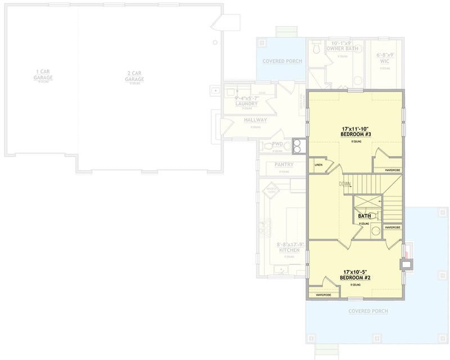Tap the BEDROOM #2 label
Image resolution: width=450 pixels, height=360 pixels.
coord(356,278)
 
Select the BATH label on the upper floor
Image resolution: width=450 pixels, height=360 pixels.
coord(364,216)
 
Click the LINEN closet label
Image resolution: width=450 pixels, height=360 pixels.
coord(318,165)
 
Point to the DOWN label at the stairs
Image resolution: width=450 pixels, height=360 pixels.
coord(345,184)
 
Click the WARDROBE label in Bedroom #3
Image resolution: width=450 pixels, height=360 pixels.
coord(392,169)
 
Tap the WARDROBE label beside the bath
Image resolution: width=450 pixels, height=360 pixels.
coord(393,227)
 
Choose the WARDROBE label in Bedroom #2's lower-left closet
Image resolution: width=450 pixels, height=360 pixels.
coord(323,294)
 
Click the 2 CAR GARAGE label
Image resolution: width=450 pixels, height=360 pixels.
coord(135,76)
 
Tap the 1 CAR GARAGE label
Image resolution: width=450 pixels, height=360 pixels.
coord(43,74)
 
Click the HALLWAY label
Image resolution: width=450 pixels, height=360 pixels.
coord(255,120)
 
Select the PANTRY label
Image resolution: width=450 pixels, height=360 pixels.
coord(284,164)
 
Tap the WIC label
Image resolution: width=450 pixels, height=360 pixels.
coord(385,61)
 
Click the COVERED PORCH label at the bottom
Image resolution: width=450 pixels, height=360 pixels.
coord(368,310)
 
